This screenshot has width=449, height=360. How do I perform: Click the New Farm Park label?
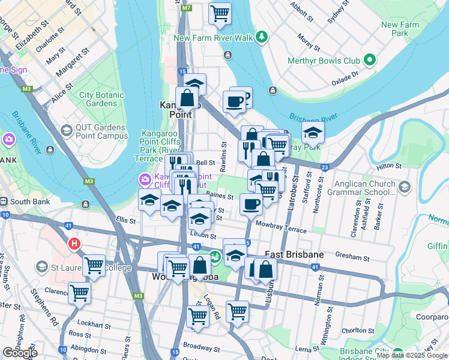click(400, 29)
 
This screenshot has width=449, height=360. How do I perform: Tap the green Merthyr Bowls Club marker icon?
click(370, 60)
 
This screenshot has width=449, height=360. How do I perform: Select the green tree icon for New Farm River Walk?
click(262, 38)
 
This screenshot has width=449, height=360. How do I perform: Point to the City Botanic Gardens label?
click(101, 99)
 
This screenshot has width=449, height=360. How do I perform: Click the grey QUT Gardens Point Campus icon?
click(66, 130)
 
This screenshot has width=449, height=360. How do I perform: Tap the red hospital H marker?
click(74, 244)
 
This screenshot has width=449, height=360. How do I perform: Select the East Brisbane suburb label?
click(294, 254)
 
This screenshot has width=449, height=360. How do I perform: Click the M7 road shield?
click(187, 8)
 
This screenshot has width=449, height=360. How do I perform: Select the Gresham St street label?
click(353, 258)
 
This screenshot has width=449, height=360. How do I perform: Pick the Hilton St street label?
click(388, 166)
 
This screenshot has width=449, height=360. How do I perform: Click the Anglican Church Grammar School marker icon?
click(405, 188)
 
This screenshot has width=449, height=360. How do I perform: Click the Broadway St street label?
click(198, 347)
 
